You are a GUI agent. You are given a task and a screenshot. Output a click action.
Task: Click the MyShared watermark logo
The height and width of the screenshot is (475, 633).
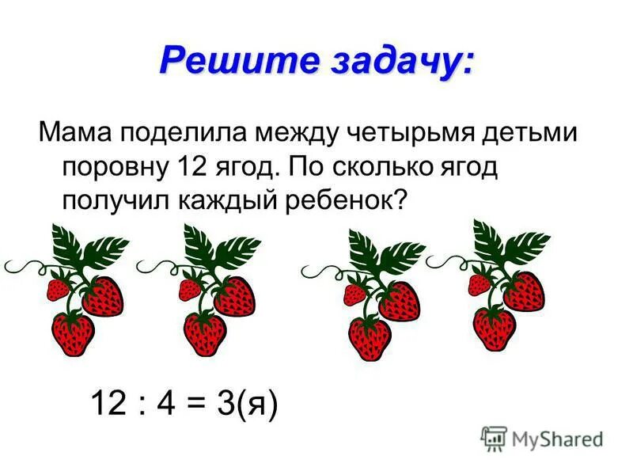(542, 438)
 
